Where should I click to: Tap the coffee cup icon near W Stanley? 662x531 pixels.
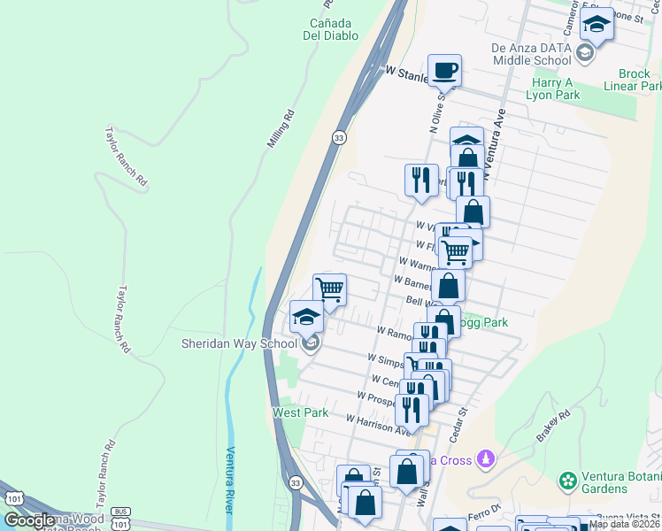443,69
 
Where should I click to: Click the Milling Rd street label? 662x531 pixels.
280,129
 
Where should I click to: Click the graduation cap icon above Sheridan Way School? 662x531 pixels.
307,317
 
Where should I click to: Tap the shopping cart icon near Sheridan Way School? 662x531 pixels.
329,289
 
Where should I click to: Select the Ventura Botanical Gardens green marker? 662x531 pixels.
568,481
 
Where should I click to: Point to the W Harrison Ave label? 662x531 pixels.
379,425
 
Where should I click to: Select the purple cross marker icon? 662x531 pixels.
484,458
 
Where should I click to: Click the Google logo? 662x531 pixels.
29,520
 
